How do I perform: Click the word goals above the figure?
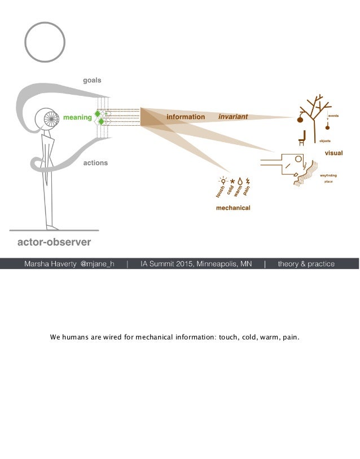[92, 81]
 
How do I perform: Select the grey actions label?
[95, 163]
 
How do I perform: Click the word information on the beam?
[185, 117]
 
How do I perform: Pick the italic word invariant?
[232, 117]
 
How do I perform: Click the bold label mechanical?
[233, 208]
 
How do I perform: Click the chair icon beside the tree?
[302, 138]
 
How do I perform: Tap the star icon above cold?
[231, 180]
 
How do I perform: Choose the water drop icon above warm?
[240, 181]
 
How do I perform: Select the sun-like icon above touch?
[222, 180]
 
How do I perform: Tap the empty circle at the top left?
[45, 42]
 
